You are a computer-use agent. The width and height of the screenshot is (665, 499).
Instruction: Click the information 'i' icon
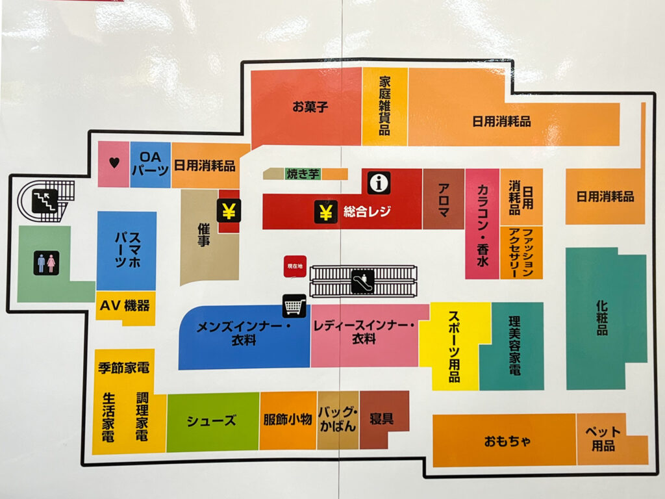(379, 183)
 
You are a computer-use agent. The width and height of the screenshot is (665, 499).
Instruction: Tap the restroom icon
(46, 262)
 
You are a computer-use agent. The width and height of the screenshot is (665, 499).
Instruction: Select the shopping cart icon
(294, 305)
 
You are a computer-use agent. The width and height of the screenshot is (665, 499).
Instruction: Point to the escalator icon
(361, 281)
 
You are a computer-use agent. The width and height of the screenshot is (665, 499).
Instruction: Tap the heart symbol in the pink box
(114, 164)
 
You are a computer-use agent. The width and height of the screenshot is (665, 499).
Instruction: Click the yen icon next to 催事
(229, 211)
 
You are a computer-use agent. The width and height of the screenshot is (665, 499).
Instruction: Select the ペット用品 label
(603, 439)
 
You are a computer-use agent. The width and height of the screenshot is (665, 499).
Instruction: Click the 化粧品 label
(602, 316)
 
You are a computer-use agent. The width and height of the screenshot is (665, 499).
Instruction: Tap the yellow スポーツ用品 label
(455, 346)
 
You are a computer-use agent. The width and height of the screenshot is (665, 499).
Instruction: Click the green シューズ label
(212, 420)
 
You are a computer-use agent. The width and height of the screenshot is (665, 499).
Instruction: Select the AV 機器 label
(125, 306)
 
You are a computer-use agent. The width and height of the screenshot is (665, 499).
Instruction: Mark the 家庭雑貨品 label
(385, 106)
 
